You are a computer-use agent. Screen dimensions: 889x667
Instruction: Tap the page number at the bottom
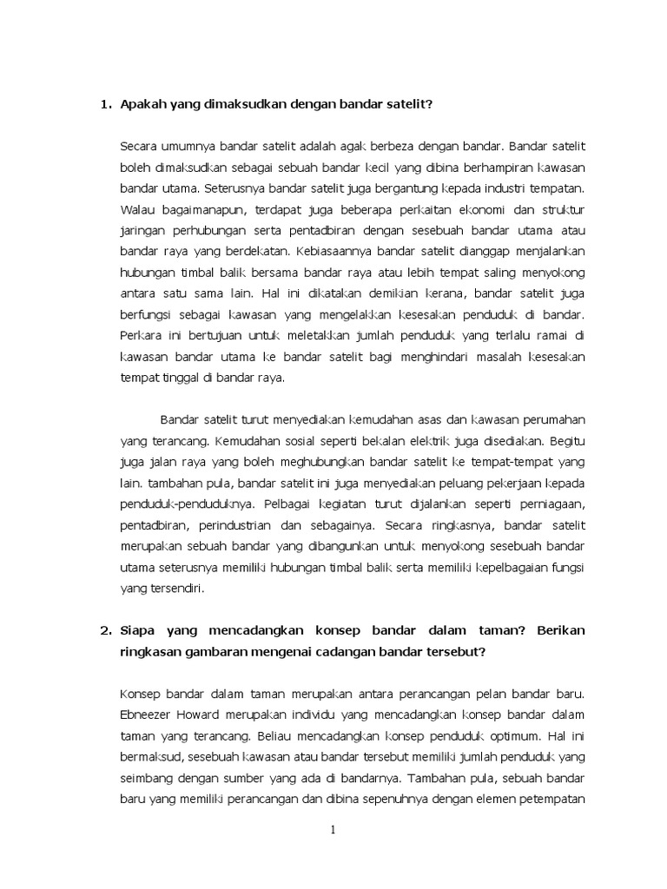(x=333, y=830)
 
